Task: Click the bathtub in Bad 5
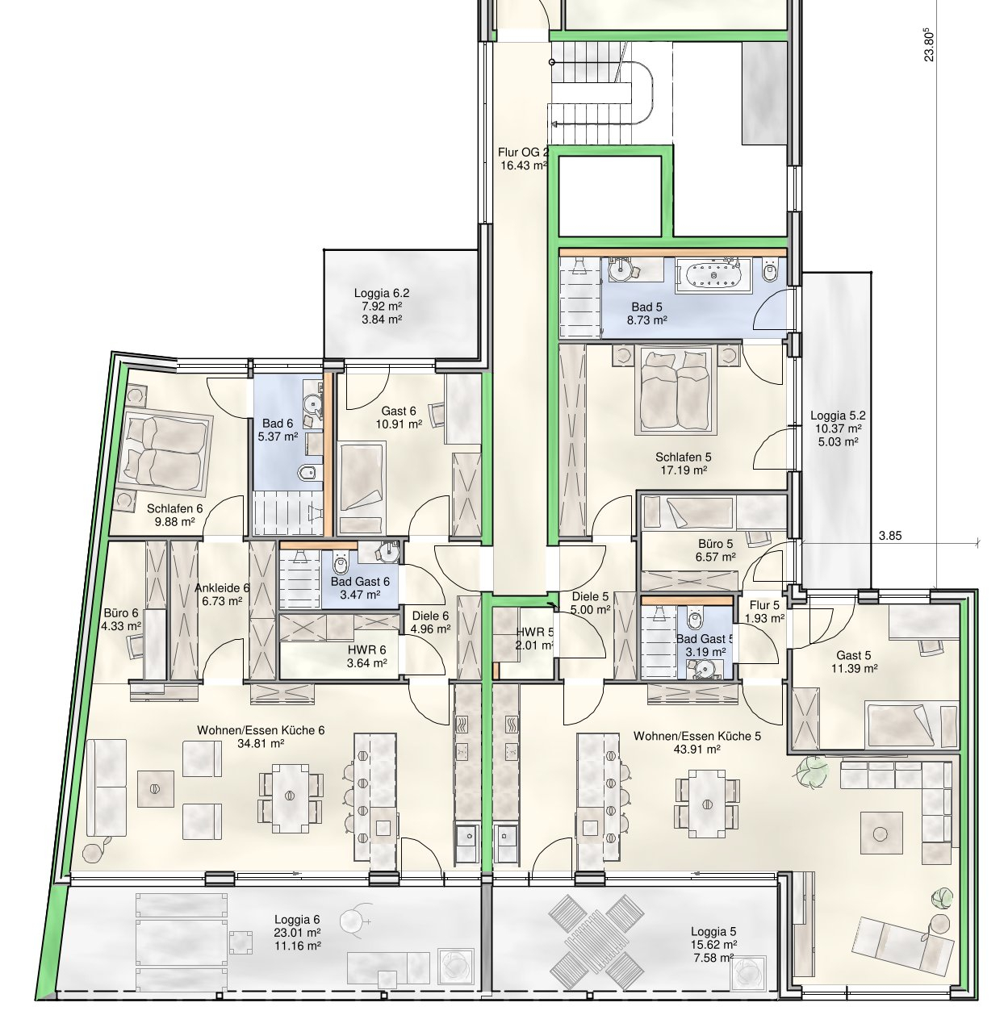(x=713, y=275)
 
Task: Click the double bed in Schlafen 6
(x=165, y=449)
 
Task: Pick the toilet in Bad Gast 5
(x=695, y=620)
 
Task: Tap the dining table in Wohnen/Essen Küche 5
(x=707, y=804)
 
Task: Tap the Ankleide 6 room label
(x=222, y=587)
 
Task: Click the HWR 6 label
(x=366, y=650)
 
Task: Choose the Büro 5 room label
(x=715, y=544)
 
